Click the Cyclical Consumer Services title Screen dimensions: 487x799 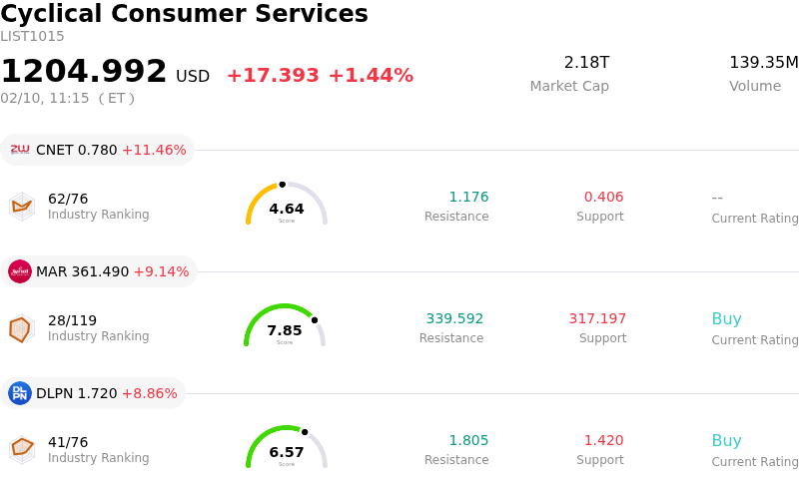click(x=184, y=14)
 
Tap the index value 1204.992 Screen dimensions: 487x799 click(x=84, y=72)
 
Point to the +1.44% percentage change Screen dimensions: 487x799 click(x=371, y=76)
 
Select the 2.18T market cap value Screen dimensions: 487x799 click(x=586, y=63)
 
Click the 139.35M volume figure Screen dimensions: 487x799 click(x=763, y=63)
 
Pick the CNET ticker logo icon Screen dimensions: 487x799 click(x=20, y=150)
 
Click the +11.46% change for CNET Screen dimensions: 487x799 click(x=154, y=150)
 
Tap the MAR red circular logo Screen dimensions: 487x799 click(x=20, y=271)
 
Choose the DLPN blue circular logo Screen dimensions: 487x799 click(x=20, y=393)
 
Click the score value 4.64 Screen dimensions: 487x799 click(x=287, y=209)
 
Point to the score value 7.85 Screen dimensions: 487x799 click(x=285, y=330)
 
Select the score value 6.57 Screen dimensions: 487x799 click(x=287, y=452)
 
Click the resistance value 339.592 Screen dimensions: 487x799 click(x=454, y=319)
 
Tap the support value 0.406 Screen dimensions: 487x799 click(x=603, y=198)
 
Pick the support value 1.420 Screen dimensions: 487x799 click(x=603, y=441)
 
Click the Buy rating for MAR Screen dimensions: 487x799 click(x=726, y=319)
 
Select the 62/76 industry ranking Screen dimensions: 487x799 click(x=68, y=199)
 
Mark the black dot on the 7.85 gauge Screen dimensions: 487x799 click(x=315, y=320)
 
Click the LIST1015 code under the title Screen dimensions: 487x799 click(x=32, y=37)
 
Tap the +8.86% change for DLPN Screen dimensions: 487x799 click(x=149, y=393)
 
